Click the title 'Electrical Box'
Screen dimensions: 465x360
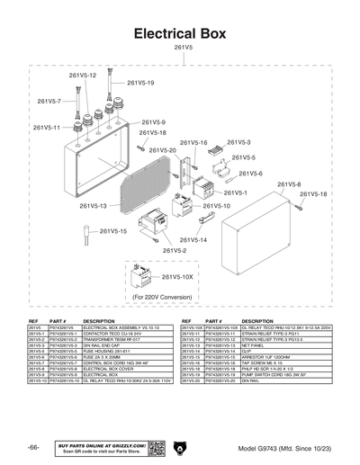[179, 34]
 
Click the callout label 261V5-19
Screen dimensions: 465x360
[139, 83]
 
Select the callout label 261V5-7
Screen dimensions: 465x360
[49, 102]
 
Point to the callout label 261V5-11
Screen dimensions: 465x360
[47, 128]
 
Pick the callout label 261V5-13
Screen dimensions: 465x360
[93, 206]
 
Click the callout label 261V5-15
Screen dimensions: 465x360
[113, 231]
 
